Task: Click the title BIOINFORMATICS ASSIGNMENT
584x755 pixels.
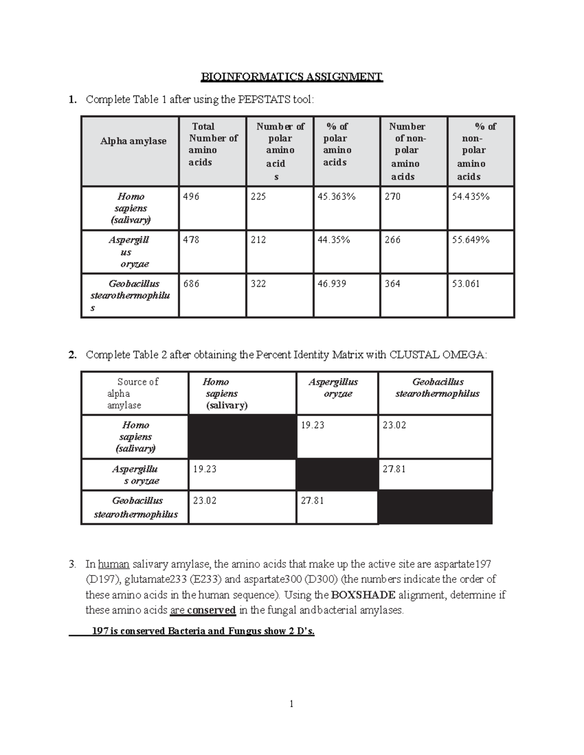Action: coord(292,77)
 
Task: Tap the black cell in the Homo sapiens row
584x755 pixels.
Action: coord(242,437)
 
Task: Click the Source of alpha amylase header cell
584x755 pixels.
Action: coord(134,393)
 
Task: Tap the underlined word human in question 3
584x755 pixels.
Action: coord(113,565)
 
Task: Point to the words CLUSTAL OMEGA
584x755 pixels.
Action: coord(437,355)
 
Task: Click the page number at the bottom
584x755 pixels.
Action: coord(292,704)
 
